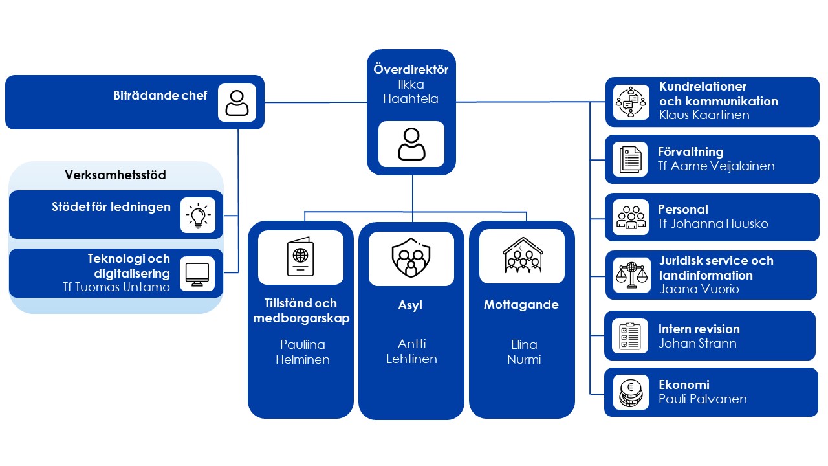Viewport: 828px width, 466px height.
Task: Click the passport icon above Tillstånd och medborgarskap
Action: pyautogui.click(x=300, y=257)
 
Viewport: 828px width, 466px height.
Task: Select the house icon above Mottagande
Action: pyautogui.click(x=522, y=257)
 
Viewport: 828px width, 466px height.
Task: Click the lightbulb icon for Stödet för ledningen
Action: pyautogui.click(x=197, y=214)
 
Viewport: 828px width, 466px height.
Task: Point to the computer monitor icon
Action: pyautogui.click(x=197, y=274)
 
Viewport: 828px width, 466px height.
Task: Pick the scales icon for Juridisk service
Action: pyautogui.click(x=631, y=275)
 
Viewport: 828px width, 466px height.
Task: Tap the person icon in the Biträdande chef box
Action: pyautogui.click(x=237, y=102)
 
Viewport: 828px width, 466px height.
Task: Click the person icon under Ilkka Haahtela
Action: pyautogui.click(x=411, y=144)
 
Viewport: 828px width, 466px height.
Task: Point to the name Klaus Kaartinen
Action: pyautogui.click(x=704, y=115)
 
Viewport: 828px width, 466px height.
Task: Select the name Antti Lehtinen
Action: pyautogui.click(x=411, y=351)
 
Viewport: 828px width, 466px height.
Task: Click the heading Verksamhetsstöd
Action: pyautogui.click(x=115, y=175)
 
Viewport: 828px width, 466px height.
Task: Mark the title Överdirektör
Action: pyautogui.click(x=411, y=70)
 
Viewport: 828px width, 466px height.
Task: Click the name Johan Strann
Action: pyautogui.click(x=697, y=343)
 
